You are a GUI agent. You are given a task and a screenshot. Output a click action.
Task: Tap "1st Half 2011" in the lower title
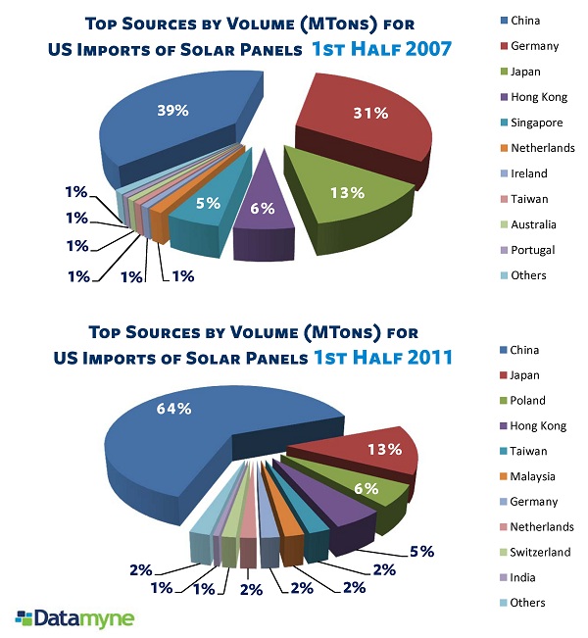pos(383,358)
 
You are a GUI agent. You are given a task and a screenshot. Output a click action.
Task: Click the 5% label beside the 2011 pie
pos(421,550)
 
